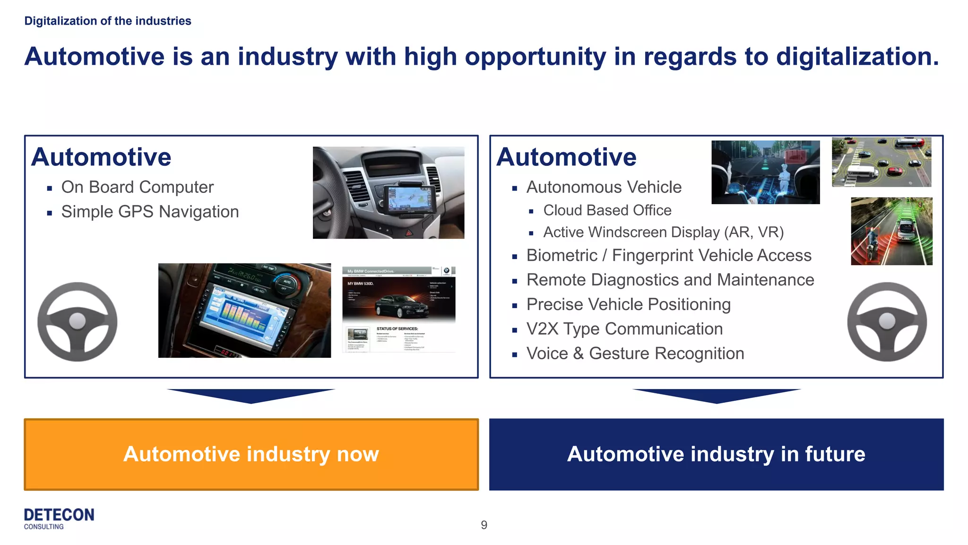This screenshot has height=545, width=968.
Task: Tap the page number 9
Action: (x=484, y=525)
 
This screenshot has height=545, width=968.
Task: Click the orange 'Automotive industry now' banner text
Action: (x=251, y=454)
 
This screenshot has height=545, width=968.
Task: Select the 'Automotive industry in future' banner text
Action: (x=716, y=454)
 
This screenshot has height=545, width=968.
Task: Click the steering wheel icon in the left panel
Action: (x=78, y=322)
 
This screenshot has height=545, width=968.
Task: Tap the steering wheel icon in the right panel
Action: (x=887, y=322)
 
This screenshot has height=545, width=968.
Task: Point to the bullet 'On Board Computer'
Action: (x=137, y=187)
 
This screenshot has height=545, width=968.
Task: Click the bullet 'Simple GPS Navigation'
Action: (x=150, y=212)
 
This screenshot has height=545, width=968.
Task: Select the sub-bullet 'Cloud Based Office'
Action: (x=607, y=210)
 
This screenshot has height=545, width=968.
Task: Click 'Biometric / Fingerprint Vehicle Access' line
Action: (x=669, y=255)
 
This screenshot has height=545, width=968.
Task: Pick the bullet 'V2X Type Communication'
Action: (x=624, y=329)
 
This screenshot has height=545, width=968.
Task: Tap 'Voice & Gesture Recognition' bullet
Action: (x=635, y=354)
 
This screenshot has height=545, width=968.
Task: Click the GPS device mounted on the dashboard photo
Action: (x=409, y=199)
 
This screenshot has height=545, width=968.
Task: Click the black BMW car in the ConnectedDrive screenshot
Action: (x=402, y=306)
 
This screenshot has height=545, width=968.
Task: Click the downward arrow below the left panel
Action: (x=251, y=396)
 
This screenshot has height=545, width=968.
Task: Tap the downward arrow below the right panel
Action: (x=716, y=396)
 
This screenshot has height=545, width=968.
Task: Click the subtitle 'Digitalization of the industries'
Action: (x=108, y=21)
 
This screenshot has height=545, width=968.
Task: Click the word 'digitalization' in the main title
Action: (x=857, y=57)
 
